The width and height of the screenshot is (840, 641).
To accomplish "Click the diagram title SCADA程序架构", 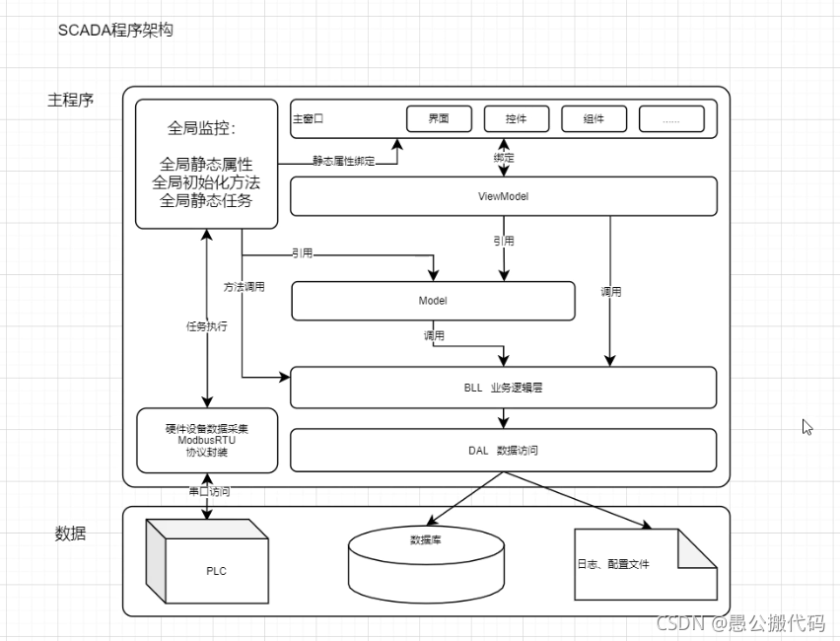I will (x=115, y=31).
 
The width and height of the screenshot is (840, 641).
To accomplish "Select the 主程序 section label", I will (x=70, y=101).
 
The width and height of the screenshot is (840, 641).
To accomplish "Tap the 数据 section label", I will (x=70, y=534).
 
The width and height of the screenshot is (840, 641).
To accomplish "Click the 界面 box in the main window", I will (x=439, y=119).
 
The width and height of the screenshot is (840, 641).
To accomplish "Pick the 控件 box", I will (x=516, y=119).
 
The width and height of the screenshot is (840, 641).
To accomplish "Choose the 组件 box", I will (x=594, y=119).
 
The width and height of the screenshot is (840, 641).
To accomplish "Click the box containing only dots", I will (x=671, y=119).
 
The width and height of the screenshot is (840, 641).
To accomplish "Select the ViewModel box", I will (x=503, y=196).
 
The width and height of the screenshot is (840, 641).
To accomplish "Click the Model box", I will (x=433, y=301).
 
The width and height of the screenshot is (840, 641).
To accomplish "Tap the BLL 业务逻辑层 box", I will (x=503, y=388).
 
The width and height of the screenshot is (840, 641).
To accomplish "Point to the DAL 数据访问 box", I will (x=503, y=450).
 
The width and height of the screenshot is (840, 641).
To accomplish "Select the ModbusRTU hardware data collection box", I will (x=207, y=440).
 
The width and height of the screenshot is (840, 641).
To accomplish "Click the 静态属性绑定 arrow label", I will (x=343, y=160).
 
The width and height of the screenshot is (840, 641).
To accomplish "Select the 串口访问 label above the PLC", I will (x=209, y=491).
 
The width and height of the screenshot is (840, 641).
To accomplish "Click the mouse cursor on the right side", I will (x=806, y=427).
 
